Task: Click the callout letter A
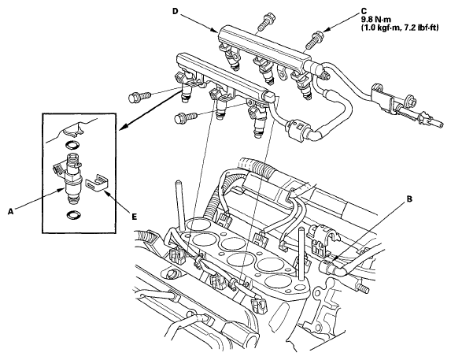(x=11, y=212)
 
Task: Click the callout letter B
(x=409, y=199)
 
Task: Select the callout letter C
(x=364, y=11)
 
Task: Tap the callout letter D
(x=176, y=11)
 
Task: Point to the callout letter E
(x=135, y=217)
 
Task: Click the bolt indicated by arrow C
(x=315, y=41)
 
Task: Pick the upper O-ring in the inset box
(x=72, y=145)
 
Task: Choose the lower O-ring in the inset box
(x=72, y=215)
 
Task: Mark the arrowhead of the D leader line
(x=215, y=32)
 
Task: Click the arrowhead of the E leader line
(x=105, y=191)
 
